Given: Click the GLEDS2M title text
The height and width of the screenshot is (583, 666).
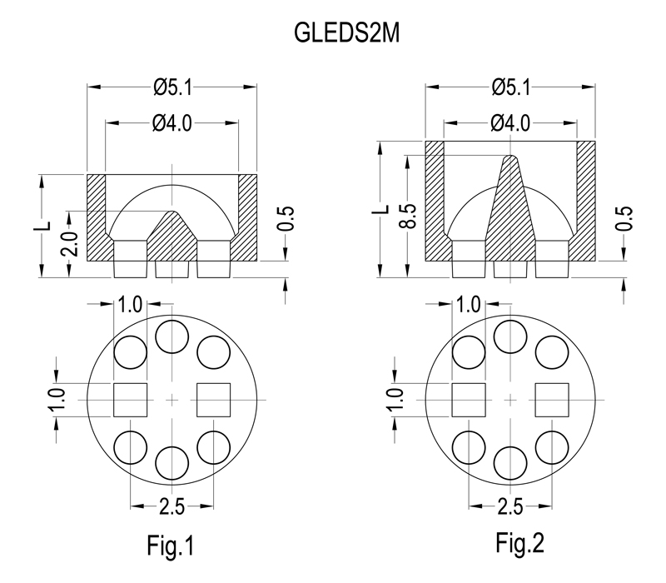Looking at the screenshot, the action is [346, 32].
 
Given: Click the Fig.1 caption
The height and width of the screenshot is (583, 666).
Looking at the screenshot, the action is [171, 546].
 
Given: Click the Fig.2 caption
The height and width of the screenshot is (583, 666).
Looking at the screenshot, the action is [519, 543].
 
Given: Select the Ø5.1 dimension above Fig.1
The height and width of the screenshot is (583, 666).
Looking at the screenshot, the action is [172, 88].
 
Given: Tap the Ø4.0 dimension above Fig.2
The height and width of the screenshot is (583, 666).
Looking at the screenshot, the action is [510, 123].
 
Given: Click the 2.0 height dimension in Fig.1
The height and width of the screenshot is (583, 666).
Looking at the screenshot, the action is [70, 243].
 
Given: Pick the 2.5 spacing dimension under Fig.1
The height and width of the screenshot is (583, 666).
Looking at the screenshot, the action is [172, 506].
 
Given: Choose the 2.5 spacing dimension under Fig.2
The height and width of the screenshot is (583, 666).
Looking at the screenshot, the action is [510, 506].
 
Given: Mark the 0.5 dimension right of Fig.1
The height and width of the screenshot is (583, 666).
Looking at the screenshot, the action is [286, 218].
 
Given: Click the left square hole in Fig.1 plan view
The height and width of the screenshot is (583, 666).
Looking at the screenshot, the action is [131, 400].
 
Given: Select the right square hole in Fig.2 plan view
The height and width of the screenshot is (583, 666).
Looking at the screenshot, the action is [552, 400].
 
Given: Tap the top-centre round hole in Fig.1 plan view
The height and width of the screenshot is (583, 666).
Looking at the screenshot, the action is [172, 336].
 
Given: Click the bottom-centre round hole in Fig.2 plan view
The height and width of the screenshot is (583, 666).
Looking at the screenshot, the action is [510, 463].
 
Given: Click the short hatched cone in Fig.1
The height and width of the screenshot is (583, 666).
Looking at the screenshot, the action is [172, 238].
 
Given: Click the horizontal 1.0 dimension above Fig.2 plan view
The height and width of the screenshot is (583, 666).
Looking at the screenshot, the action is [468, 305].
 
